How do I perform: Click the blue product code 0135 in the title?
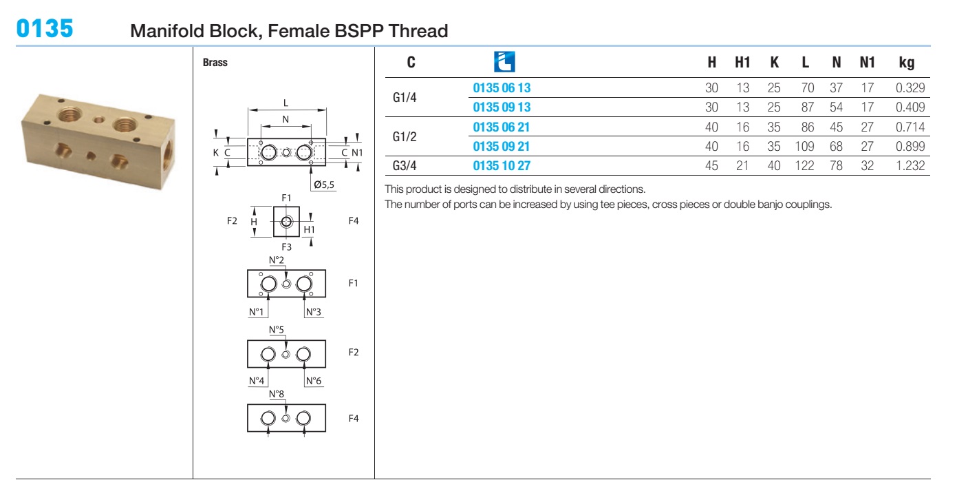pos(45,29)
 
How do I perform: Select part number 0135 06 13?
pos(502,87)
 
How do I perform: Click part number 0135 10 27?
pos(502,165)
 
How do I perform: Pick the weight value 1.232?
pos(910,165)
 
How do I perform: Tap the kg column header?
pos(907,63)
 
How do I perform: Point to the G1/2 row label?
pos(404,137)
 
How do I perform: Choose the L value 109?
pos(804,146)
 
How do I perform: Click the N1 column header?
pos(868,63)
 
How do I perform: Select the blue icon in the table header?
pos(504,62)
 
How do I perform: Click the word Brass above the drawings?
pos(215,63)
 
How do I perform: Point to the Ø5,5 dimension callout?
pos(324,185)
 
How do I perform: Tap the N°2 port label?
pos(277,260)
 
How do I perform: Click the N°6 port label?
pos(314,381)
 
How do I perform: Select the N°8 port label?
pos(277,394)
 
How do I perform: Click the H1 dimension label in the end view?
pos(310,230)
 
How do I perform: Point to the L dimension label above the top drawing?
pos(286,103)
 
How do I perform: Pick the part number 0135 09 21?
pos(501,146)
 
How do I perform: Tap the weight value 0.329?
pos(910,87)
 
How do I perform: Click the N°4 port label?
pos(257,381)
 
